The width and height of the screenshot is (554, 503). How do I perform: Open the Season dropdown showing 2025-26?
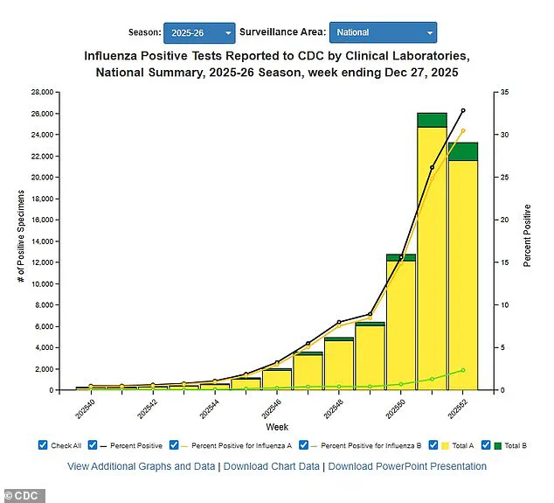(198, 32)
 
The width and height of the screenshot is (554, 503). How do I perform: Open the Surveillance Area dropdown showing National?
(383, 32)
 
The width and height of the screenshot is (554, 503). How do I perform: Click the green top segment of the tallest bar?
(432, 120)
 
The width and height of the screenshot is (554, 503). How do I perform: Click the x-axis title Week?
(278, 427)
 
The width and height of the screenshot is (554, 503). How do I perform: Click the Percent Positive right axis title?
(527, 235)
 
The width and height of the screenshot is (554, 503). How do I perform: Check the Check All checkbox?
(43, 444)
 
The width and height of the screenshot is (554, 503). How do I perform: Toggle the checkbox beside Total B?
(487, 444)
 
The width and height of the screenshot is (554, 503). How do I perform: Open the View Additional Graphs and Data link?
(142, 466)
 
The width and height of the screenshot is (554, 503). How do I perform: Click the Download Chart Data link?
(271, 466)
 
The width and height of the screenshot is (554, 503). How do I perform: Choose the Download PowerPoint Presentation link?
(407, 466)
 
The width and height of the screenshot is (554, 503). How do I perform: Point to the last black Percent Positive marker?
(463, 110)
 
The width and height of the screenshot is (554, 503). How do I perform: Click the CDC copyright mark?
(22, 496)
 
